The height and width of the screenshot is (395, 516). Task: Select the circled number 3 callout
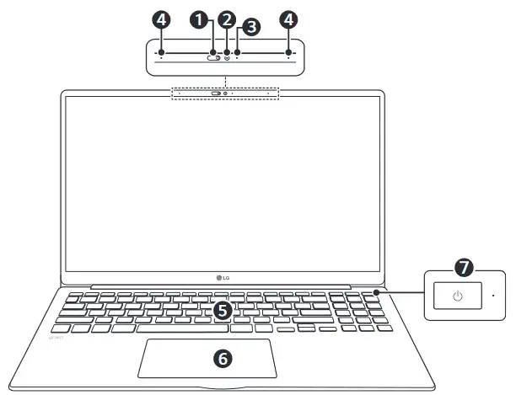click(249, 27)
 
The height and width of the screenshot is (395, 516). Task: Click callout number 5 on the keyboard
click(222, 310)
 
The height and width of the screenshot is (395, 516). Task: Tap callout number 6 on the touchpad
click(223, 358)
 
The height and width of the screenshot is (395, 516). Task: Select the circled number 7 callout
click(463, 268)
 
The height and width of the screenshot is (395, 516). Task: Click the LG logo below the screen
click(223, 275)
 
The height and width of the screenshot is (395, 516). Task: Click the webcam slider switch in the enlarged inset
click(214, 58)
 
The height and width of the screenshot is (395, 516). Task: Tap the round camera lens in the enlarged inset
click(227, 58)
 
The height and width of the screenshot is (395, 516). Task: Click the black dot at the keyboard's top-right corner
click(376, 291)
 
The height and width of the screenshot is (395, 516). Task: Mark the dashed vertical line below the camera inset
click(224, 80)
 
